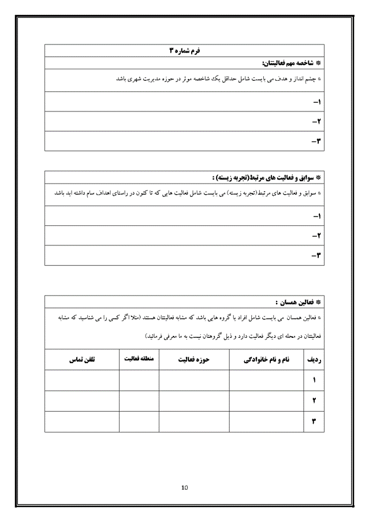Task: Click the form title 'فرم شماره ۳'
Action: (184, 51)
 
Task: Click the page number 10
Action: (184, 488)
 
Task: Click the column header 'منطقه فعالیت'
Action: (139, 359)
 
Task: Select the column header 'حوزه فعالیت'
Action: (194, 359)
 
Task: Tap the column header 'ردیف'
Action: (316, 359)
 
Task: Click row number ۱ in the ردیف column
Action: (315, 380)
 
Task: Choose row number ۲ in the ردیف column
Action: (315, 400)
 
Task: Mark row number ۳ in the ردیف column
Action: (315, 420)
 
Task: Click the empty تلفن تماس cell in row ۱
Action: (82, 380)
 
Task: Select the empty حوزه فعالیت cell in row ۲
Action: (194, 400)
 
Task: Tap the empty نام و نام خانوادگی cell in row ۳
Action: (266, 420)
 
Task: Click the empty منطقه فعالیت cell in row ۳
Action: (139, 420)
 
